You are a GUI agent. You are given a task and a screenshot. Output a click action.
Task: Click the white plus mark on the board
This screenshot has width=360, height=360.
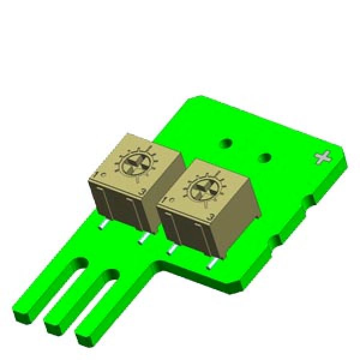(x=323, y=158)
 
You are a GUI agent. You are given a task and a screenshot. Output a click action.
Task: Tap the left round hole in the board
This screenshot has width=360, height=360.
(x=226, y=143)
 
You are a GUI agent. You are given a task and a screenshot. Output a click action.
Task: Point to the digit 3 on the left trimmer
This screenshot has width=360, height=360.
(x=142, y=191)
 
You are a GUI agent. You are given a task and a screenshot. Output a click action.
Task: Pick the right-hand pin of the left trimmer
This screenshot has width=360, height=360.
(x=143, y=239)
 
